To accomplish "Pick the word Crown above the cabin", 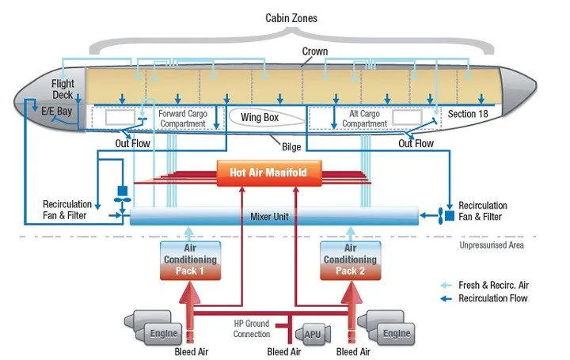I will (x=315, y=51).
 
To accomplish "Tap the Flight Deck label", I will (x=62, y=89).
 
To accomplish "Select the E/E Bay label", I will (x=57, y=112).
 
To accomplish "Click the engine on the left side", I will (x=151, y=329).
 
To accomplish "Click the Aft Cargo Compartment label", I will (x=365, y=118).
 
